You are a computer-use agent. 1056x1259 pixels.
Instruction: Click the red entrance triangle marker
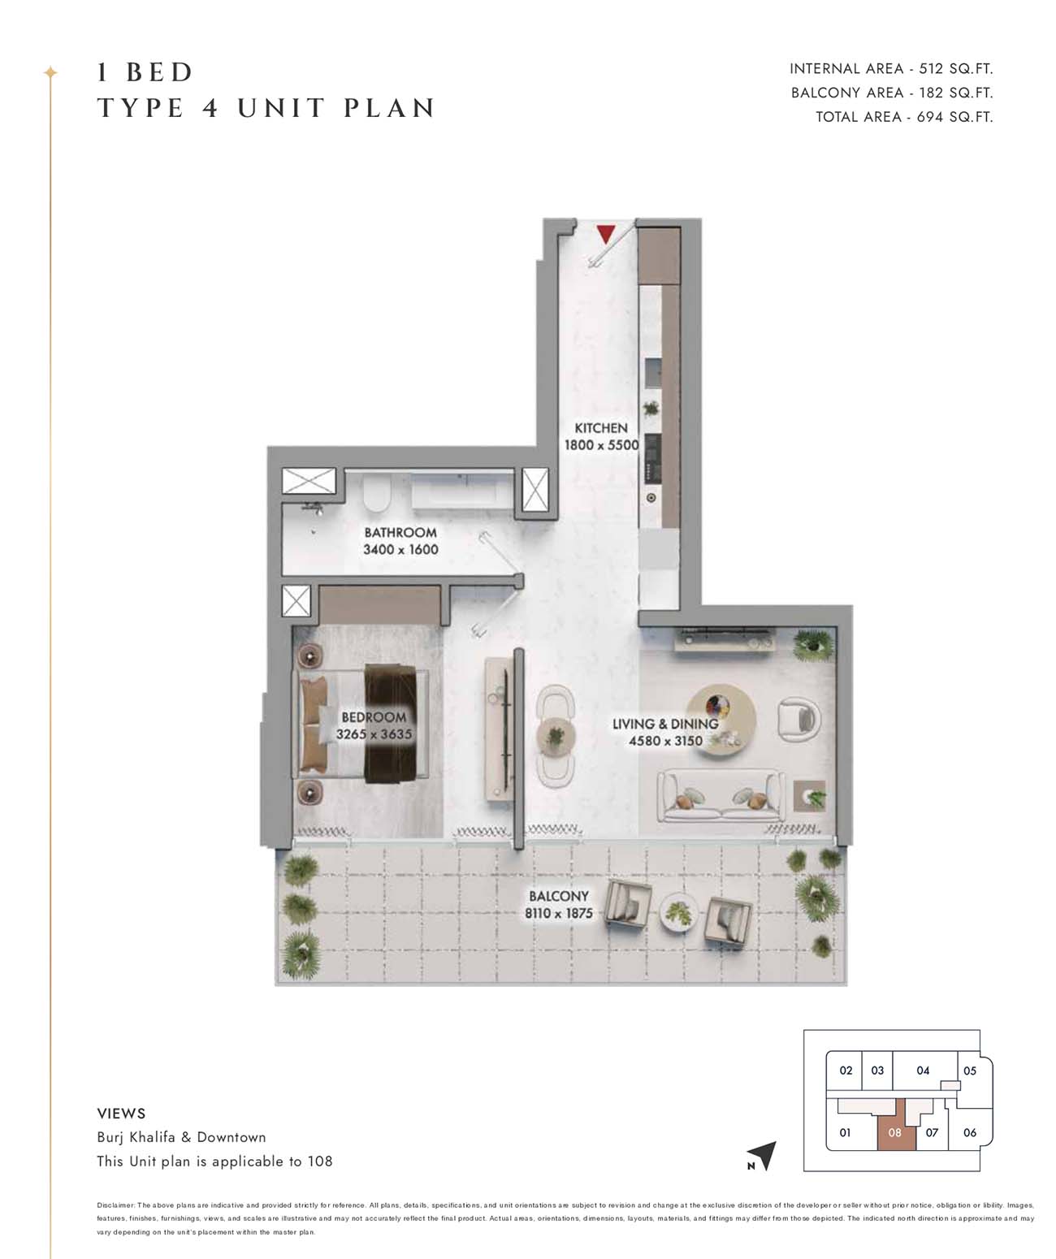[x=605, y=233]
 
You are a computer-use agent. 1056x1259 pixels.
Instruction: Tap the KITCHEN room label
[x=600, y=427]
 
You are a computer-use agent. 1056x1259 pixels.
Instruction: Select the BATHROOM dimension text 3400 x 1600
[x=400, y=549]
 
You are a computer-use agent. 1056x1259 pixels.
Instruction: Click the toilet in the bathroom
[x=378, y=492]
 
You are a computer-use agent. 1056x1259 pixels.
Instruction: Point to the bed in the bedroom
[x=361, y=723]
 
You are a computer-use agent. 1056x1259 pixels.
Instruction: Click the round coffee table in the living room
[x=721, y=720]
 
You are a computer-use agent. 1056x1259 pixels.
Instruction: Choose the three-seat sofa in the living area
[x=721, y=796]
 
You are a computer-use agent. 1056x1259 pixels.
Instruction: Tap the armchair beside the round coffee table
[x=798, y=718]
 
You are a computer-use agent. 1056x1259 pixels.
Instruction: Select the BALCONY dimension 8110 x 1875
[x=558, y=913]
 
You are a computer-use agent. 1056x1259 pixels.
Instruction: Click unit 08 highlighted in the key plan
[x=894, y=1132]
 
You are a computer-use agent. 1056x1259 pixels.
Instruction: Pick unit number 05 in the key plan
[x=970, y=1071]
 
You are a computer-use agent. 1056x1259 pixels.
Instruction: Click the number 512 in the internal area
[x=931, y=69]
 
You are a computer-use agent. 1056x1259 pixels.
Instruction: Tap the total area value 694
[x=929, y=117]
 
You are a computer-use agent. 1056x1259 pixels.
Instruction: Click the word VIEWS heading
[x=121, y=1113]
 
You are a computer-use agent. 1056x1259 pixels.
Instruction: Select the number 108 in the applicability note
[x=319, y=1161]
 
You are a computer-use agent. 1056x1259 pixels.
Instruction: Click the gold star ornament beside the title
[x=50, y=72]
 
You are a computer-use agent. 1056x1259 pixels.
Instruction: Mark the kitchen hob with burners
[x=652, y=458]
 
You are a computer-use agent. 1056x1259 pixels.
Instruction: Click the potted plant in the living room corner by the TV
[x=814, y=646]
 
